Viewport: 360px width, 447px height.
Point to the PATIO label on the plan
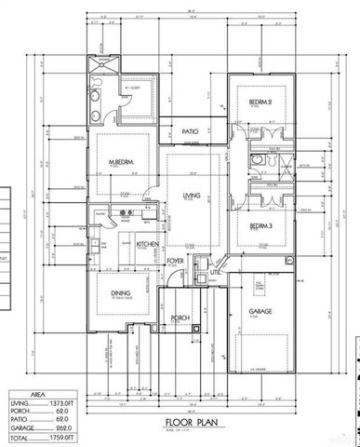tap(193, 132)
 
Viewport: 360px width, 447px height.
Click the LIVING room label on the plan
tap(193, 195)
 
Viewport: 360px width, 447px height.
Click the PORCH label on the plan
tap(180, 318)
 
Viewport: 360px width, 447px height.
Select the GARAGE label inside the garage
tap(259, 312)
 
